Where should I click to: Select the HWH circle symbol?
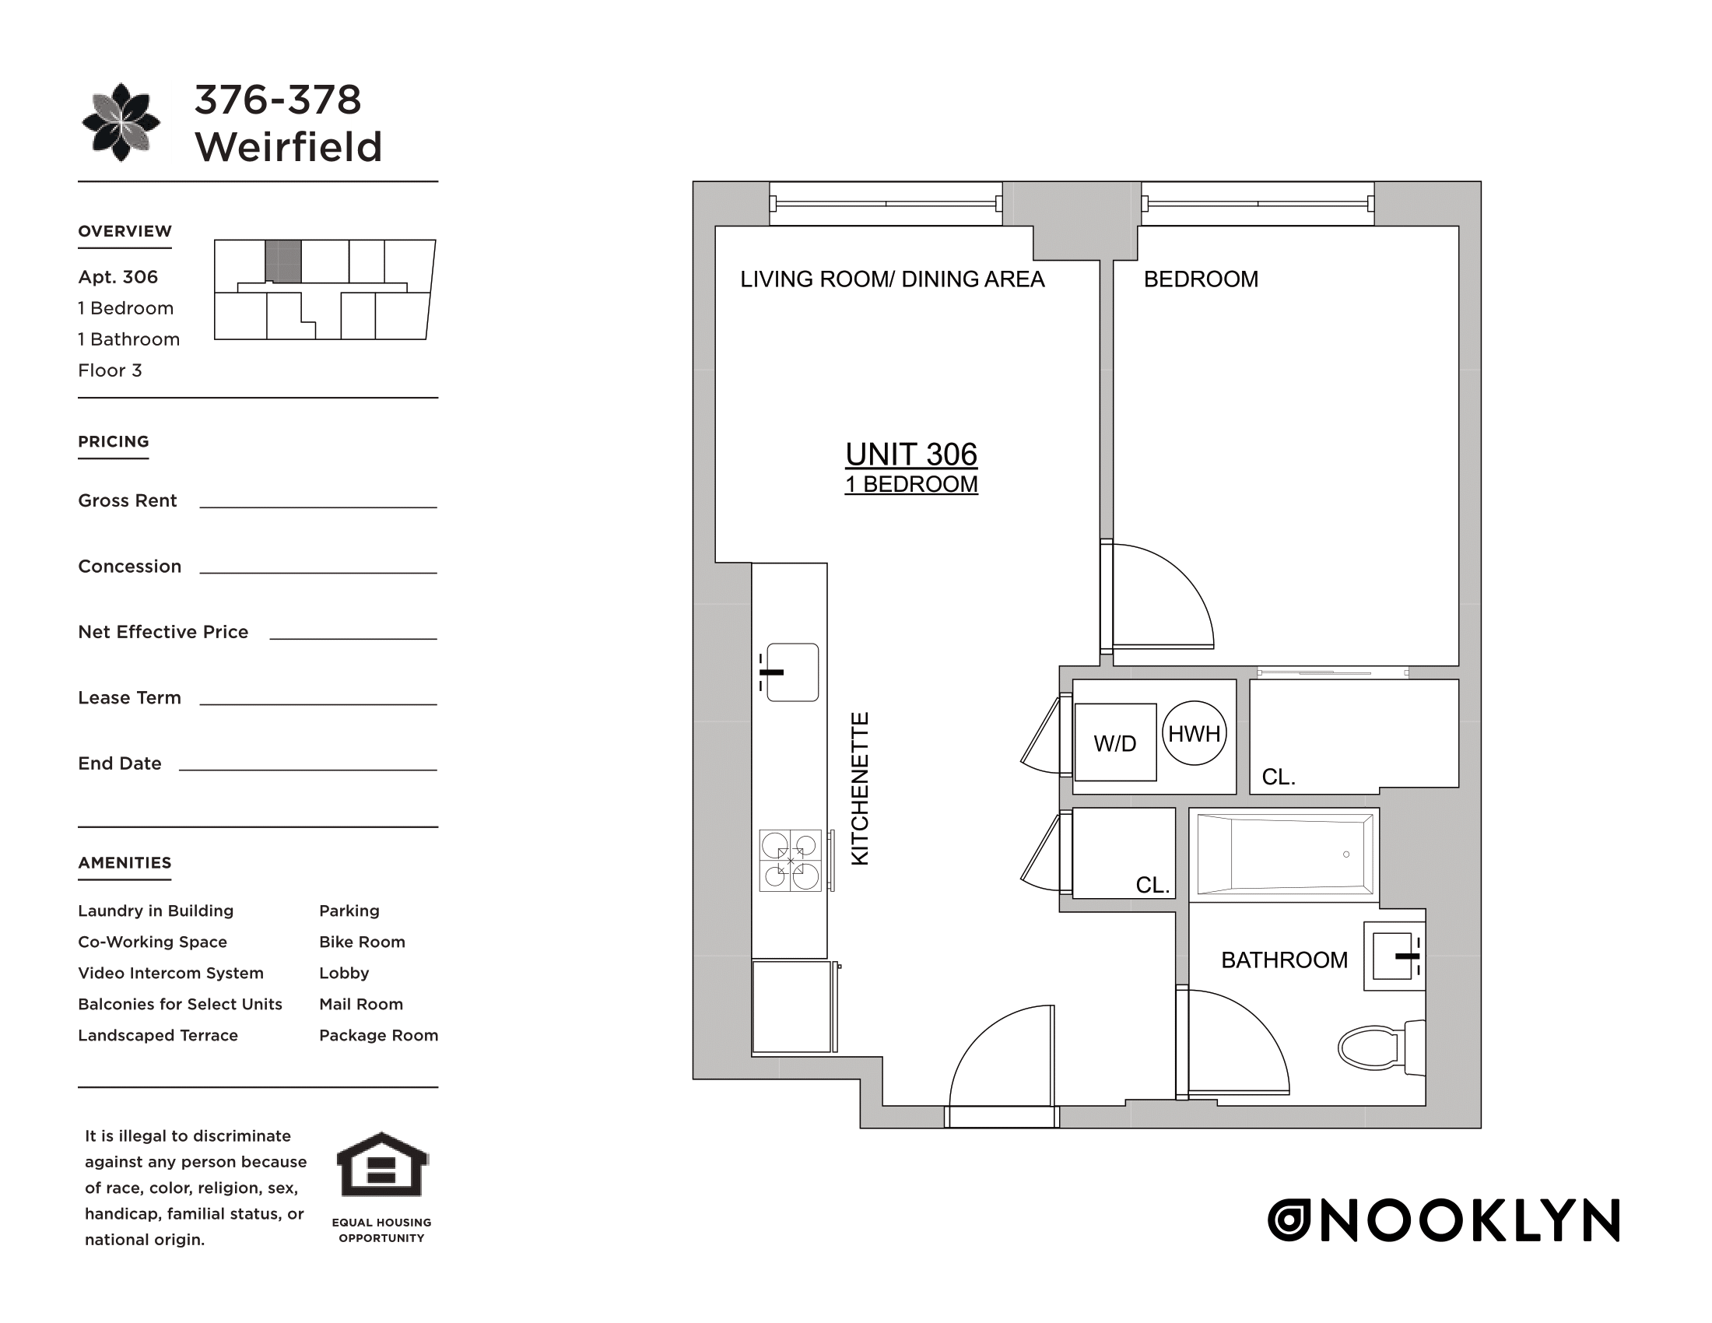(x=1194, y=733)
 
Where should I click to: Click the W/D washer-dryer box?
(x=1114, y=742)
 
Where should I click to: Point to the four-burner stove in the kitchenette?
(x=790, y=861)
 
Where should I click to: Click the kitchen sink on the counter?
(x=791, y=672)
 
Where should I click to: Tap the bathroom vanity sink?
(x=1393, y=956)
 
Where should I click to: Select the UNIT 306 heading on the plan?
(x=911, y=454)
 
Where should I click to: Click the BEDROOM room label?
(x=1200, y=279)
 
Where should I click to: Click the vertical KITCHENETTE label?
(x=860, y=788)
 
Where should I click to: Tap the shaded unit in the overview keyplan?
(x=283, y=261)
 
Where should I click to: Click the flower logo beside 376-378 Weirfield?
(x=121, y=122)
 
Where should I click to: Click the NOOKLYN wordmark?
(x=1443, y=1220)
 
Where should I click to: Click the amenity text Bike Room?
(x=361, y=942)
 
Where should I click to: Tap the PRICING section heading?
(x=114, y=441)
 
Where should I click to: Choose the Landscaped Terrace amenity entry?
(x=157, y=1035)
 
